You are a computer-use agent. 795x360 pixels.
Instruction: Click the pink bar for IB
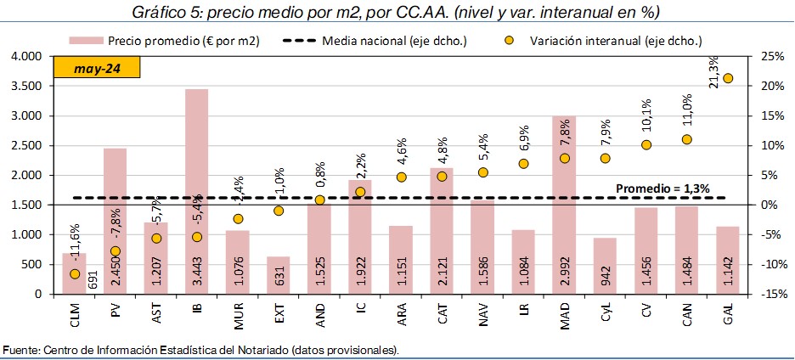click(x=197, y=191)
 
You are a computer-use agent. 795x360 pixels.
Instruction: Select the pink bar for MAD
click(x=565, y=204)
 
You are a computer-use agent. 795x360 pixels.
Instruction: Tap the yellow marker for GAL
click(x=728, y=78)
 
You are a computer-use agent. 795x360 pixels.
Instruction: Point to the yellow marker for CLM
click(x=75, y=273)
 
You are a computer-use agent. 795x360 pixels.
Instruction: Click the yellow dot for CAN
click(x=687, y=139)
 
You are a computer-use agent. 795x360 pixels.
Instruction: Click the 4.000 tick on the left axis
click(x=25, y=56)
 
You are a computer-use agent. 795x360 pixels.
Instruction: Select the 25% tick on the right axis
click(x=771, y=56)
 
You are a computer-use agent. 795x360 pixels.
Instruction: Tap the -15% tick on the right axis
click(x=770, y=294)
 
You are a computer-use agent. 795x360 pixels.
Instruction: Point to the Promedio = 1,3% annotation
click(x=662, y=188)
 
